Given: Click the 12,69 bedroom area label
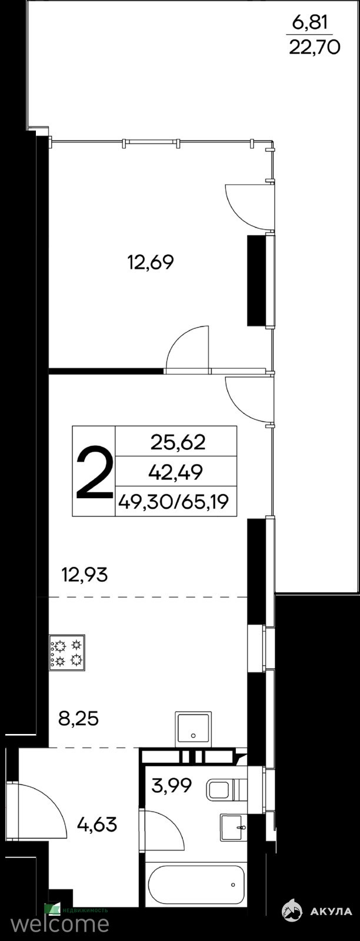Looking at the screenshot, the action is click(151, 263).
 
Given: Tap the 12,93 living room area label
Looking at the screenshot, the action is click(85, 575).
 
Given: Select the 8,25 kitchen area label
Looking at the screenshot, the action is click(79, 719).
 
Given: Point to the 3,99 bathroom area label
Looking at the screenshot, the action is click(171, 785).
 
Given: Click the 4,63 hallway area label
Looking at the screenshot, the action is click(97, 824).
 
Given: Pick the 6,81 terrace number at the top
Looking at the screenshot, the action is click(309, 22).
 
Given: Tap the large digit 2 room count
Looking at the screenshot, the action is click(94, 472).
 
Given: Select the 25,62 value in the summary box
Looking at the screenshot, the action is click(178, 442).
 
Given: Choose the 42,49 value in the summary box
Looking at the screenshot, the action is click(176, 472).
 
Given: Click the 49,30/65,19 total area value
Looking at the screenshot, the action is click(174, 501).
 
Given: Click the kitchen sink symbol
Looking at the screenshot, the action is click(193, 727).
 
